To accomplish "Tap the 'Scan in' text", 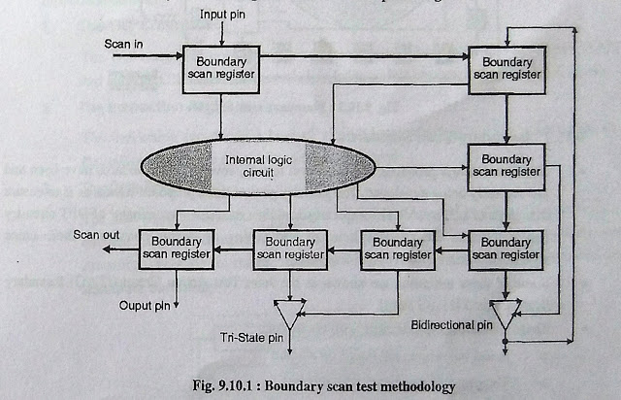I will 123,44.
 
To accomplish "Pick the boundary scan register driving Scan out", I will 176,249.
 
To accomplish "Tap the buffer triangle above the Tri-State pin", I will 289,310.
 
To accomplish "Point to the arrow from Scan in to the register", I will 146,55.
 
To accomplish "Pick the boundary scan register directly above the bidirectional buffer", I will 505,249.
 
